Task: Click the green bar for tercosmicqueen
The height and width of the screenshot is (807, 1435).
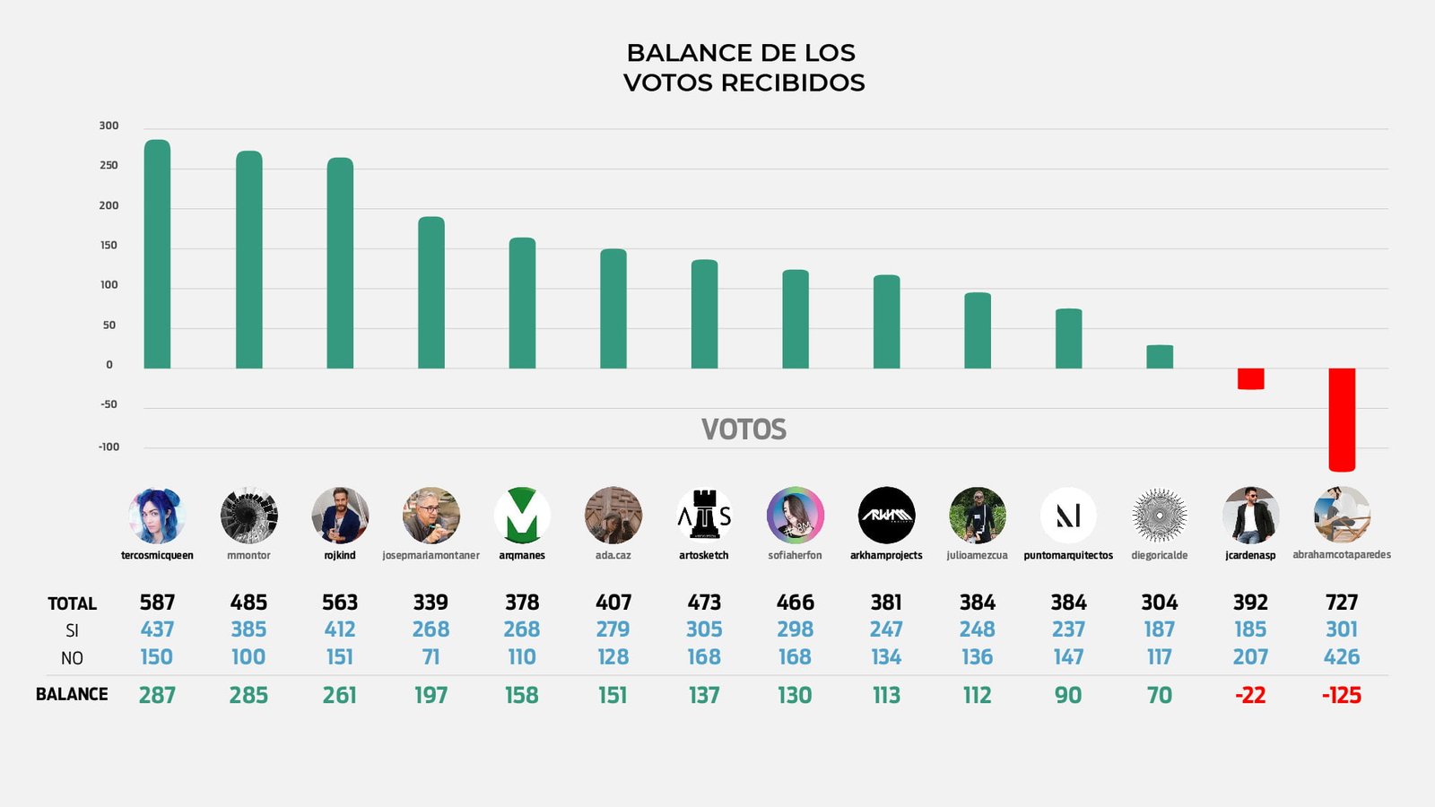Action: [x=157, y=255]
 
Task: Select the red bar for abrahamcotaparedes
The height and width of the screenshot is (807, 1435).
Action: [x=1342, y=420]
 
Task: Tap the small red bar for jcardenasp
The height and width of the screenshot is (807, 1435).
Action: [x=1250, y=378]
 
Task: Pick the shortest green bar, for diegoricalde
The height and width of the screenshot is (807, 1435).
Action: [x=1160, y=357]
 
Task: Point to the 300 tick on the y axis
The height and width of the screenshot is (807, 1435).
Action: [x=109, y=126]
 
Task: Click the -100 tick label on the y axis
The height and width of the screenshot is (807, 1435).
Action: [x=109, y=447]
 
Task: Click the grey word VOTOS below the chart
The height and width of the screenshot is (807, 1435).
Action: [x=744, y=430]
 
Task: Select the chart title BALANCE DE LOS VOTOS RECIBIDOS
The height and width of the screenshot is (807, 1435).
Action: [x=744, y=67]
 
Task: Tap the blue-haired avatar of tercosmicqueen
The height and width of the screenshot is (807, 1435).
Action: [x=157, y=516]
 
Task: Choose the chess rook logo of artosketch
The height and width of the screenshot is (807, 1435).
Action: [x=704, y=516]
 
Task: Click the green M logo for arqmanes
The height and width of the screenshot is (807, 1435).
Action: [x=522, y=516]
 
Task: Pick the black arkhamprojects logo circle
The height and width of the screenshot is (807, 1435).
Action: [x=886, y=516]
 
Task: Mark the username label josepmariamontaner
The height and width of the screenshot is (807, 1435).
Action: [x=430, y=556]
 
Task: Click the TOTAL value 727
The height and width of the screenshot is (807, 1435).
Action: [x=1342, y=603]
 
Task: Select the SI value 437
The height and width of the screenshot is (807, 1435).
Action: [x=157, y=629]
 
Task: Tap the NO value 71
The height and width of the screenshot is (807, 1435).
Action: [x=430, y=657]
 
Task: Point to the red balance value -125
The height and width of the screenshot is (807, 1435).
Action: [x=1342, y=695]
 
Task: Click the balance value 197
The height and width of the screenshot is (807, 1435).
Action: [x=430, y=695]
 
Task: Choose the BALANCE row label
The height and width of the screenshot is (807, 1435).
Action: [x=72, y=694]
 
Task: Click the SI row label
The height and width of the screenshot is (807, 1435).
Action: [x=72, y=630]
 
